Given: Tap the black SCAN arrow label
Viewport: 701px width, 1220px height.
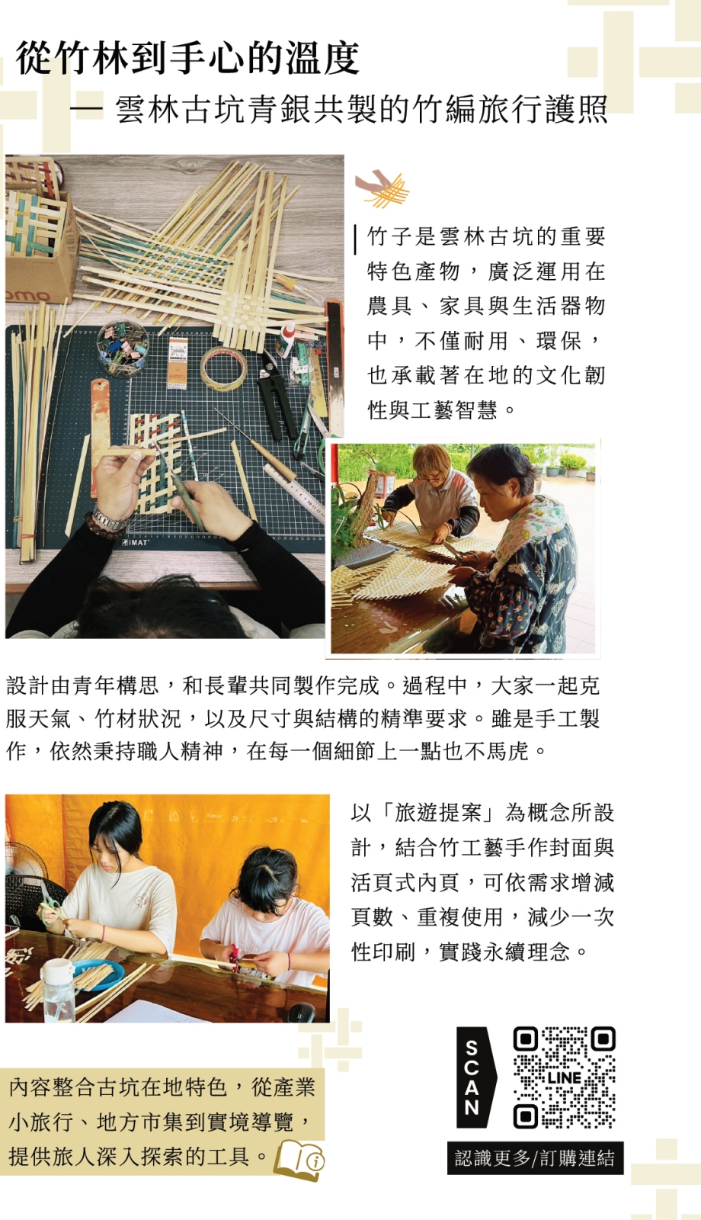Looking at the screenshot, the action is point(475,1077).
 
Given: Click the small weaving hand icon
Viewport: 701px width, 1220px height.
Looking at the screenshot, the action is point(382,188).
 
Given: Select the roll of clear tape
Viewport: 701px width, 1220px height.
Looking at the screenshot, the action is point(223,368).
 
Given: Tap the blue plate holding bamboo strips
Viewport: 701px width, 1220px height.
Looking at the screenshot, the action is point(98,974).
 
